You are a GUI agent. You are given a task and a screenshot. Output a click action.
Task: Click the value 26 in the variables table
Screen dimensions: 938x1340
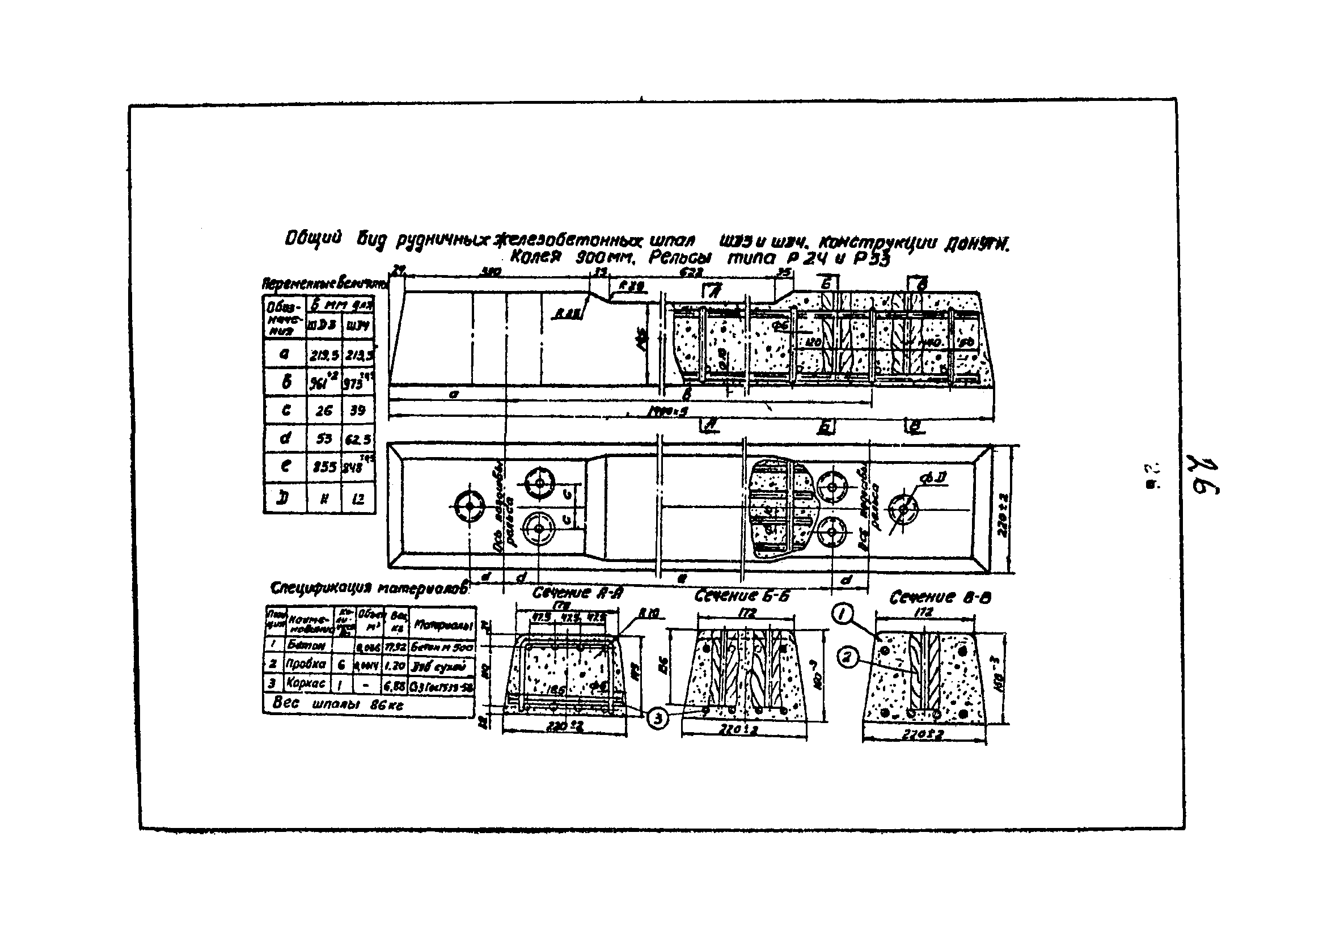point(324,411)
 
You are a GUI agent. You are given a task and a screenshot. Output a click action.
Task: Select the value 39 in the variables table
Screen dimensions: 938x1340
point(358,411)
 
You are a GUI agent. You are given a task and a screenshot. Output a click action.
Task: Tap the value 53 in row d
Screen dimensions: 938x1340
point(324,438)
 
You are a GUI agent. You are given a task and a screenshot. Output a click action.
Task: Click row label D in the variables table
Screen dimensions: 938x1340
point(284,498)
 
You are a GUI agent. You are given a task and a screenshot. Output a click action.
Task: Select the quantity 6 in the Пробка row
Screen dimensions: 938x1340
point(341,664)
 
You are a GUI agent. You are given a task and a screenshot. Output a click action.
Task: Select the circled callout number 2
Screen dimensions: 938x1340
point(847,658)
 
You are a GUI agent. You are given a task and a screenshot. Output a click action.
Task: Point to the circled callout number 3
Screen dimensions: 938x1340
point(658,720)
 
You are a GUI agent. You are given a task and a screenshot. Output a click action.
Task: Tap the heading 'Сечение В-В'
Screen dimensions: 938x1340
point(940,597)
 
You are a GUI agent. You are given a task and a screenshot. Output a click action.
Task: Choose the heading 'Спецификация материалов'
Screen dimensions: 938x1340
point(369,588)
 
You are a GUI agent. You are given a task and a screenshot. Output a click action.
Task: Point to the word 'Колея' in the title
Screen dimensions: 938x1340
point(535,257)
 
